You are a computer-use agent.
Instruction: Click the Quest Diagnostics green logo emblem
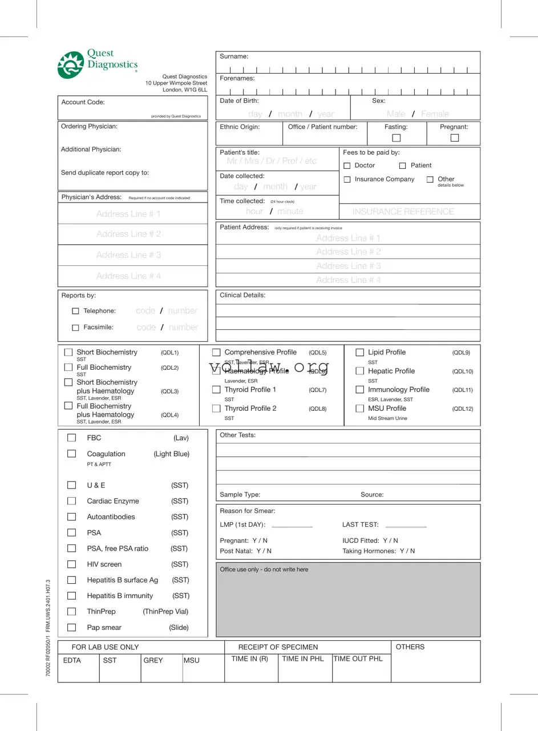pyautogui.click(x=70, y=64)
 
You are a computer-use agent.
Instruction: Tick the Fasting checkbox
pyautogui.click(x=397, y=138)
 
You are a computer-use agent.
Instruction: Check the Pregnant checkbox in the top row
pyautogui.click(x=454, y=138)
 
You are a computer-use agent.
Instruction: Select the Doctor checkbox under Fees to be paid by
pyautogui.click(x=347, y=165)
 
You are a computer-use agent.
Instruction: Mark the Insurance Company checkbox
pyautogui.click(x=347, y=179)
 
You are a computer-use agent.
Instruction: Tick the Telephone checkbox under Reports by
pyautogui.click(x=75, y=311)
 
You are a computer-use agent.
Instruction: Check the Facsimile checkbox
pyautogui.click(x=75, y=328)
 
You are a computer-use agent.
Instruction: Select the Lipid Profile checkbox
pyautogui.click(x=359, y=353)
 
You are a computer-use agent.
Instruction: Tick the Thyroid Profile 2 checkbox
pyautogui.click(x=216, y=409)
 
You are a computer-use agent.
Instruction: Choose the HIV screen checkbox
pyautogui.click(x=71, y=564)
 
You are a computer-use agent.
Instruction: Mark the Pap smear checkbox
pyautogui.click(x=71, y=627)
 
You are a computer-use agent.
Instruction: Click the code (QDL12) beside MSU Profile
pyautogui.click(x=462, y=409)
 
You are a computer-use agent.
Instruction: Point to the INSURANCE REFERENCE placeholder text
pyautogui.click(x=403, y=212)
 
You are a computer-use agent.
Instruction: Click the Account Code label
pyautogui.click(x=83, y=102)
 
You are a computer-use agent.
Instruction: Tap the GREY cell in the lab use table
pyautogui.click(x=153, y=660)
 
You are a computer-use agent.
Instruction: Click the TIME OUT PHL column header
pyautogui.click(x=358, y=659)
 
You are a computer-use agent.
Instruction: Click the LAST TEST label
pyautogui.click(x=360, y=524)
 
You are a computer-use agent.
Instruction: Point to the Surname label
pyautogui.click(x=234, y=56)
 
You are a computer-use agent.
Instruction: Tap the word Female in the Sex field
pyautogui.click(x=435, y=114)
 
